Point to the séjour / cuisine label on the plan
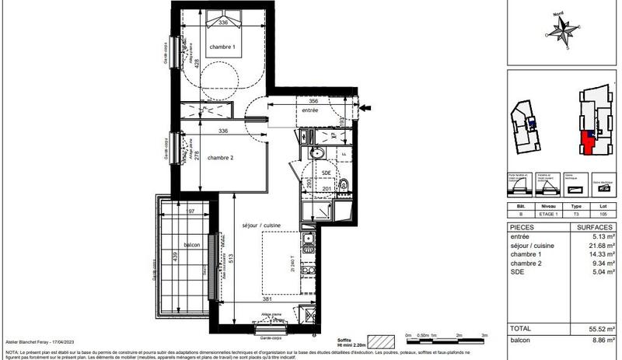(260, 225)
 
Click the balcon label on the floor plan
(192, 245)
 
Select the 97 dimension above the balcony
(190, 211)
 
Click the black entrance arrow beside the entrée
(367, 108)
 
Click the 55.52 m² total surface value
(599, 330)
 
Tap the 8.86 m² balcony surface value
(601, 340)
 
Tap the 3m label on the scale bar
(485, 334)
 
